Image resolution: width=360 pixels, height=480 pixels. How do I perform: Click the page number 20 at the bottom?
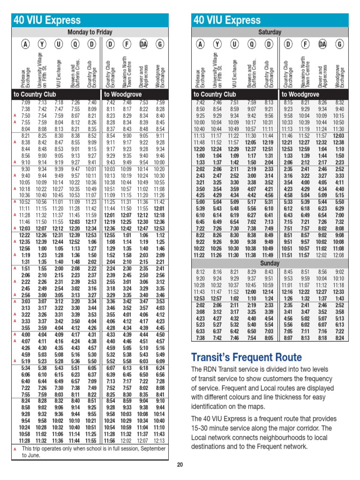pos(180,465)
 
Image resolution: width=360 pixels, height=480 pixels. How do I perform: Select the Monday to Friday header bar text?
pos(90,32)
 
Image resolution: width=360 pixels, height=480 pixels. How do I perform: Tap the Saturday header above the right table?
pos(270,32)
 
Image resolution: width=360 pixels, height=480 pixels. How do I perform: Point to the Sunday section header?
pos(270,263)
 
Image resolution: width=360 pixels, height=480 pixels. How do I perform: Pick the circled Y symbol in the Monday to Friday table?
pos(42,45)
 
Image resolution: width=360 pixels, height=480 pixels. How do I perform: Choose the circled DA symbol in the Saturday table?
pos(322,45)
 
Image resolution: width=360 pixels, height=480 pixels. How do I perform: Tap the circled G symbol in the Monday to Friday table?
pos(161,45)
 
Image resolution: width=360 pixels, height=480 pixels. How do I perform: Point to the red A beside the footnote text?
pos(15,449)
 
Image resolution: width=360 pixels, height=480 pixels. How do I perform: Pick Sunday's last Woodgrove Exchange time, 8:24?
pos(340,337)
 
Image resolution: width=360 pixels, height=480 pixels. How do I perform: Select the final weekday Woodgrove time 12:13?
pos(160,441)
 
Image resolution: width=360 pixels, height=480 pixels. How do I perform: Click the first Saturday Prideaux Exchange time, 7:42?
pos(201,102)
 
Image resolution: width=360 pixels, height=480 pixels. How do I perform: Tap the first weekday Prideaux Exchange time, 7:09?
pos(25,102)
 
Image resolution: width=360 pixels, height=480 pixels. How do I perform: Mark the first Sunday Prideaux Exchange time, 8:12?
pos(201,271)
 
